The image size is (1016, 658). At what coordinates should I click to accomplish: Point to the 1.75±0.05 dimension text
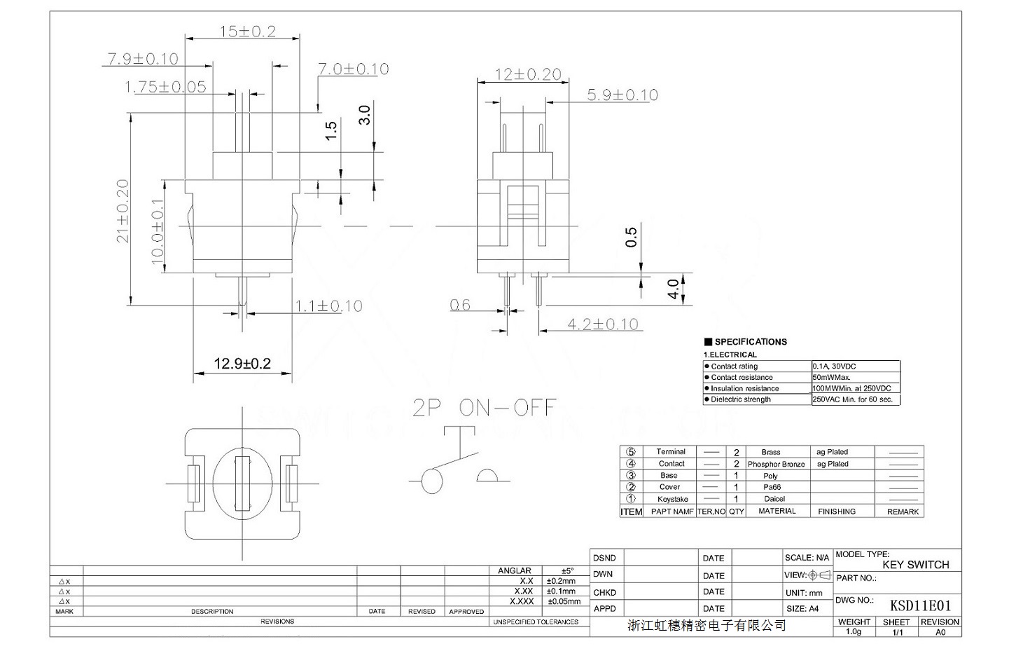click(165, 87)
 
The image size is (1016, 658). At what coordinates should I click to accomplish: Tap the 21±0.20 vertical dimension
click(123, 211)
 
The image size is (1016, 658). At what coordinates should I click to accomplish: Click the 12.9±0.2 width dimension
click(242, 364)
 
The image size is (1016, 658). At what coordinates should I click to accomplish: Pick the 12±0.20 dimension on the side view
click(529, 74)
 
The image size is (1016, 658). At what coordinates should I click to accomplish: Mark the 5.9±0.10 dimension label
click(622, 95)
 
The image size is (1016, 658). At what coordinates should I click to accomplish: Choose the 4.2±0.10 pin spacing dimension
click(603, 324)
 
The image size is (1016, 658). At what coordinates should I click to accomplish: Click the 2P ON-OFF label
click(485, 408)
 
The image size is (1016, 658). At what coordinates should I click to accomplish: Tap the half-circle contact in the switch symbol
click(494, 476)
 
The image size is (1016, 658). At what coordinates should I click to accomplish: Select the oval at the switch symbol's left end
click(433, 482)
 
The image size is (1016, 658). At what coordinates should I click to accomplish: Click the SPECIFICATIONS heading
click(750, 342)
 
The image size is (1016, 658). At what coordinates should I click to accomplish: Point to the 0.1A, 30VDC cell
click(835, 366)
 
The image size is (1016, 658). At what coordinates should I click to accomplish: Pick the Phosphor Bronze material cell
click(777, 464)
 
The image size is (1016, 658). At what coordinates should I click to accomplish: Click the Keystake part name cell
click(672, 499)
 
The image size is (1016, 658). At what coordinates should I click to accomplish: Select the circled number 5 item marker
click(631, 452)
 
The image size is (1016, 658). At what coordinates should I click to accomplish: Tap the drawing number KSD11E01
click(920, 605)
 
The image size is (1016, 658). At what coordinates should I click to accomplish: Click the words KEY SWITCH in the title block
click(915, 565)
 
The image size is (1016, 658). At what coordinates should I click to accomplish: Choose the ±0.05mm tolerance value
click(564, 601)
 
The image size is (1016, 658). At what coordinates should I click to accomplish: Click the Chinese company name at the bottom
click(707, 625)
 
